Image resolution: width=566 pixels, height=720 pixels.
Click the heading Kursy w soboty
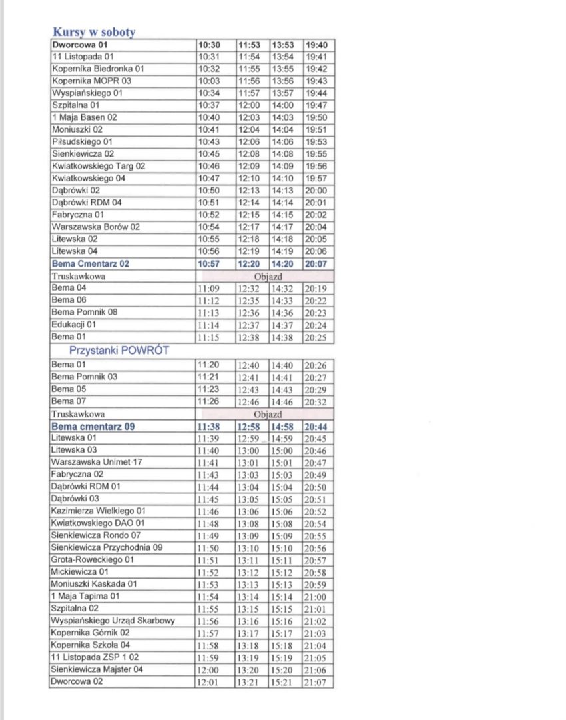click(x=94, y=32)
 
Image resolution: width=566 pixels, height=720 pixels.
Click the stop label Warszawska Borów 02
click(x=95, y=227)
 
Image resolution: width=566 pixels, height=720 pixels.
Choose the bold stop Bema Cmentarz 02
click(x=90, y=263)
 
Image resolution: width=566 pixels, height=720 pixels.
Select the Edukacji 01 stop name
click(x=73, y=325)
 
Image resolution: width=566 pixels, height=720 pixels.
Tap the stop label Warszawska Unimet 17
click(x=97, y=462)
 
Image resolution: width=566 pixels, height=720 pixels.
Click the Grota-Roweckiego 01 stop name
click(x=93, y=559)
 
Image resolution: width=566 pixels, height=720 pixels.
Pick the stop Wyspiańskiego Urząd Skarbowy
click(x=113, y=621)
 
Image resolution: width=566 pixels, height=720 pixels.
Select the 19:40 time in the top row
click(x=317, y=45)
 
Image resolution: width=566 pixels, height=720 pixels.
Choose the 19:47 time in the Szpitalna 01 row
click(x=317, y=105)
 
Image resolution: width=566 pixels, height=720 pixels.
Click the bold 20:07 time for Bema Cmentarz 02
click(x=317, y=263)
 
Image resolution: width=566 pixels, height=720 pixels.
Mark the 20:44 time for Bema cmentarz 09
click(x=317, y=426)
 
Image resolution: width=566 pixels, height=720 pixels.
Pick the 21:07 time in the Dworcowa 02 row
click(x=317, y=682)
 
